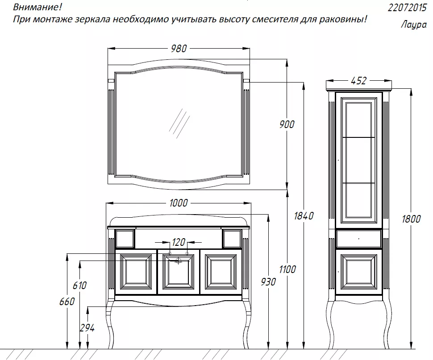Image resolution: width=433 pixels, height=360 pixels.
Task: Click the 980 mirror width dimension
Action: point(179,49)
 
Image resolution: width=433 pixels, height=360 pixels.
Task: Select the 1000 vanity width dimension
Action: point(179,203)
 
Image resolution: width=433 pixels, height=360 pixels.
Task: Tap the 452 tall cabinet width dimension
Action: point(359,81)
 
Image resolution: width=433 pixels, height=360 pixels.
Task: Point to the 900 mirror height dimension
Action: point(287,124)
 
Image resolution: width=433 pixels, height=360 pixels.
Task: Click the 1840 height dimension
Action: point(304,216)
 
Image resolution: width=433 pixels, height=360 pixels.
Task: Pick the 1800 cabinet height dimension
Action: point(411,219)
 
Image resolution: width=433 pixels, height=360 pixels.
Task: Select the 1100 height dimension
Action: point(287,269)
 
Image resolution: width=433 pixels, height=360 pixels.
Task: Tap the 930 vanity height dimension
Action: point(268,282)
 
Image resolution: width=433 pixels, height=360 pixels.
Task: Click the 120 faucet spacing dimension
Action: point(179,243)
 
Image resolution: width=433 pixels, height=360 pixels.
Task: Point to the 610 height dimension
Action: point(80,286)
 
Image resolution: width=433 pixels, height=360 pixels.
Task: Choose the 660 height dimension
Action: point(67,302)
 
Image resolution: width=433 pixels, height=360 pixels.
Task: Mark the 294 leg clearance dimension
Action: point(87,328)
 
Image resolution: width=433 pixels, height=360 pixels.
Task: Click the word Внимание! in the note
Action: point(37,7)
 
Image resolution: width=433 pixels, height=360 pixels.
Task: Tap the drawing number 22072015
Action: point(407,8)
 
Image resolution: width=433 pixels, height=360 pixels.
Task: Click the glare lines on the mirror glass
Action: point(179,123)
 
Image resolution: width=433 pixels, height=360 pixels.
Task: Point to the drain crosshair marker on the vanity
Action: point(179,261)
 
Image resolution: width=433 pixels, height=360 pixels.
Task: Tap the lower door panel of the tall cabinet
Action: point(359,272)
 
